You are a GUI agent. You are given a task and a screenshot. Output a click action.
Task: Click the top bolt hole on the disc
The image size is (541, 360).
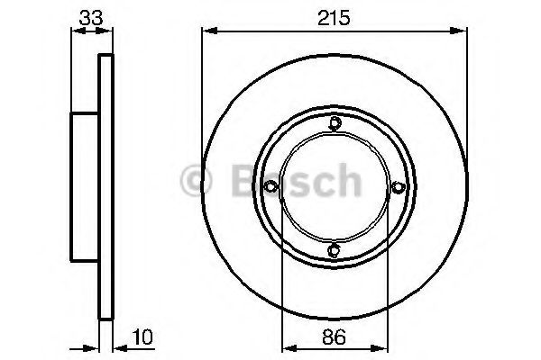[335, 124]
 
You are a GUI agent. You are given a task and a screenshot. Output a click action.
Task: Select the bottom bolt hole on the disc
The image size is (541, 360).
[335, 249]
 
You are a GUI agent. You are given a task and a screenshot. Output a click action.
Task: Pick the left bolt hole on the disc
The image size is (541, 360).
[271, 186]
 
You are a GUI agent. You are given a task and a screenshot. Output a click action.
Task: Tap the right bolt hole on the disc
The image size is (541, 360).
[398, 186]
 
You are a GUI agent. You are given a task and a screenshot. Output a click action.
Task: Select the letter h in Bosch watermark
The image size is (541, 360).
[344, 183]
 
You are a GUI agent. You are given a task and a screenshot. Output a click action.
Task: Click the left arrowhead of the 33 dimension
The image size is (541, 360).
[75, 31]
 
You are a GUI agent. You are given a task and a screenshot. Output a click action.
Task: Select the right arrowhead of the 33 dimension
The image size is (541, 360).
[112, 31]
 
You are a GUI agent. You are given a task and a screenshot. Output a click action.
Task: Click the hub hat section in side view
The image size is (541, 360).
[86, 186]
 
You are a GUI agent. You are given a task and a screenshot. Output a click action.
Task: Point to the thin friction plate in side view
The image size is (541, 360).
[106, 186]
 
